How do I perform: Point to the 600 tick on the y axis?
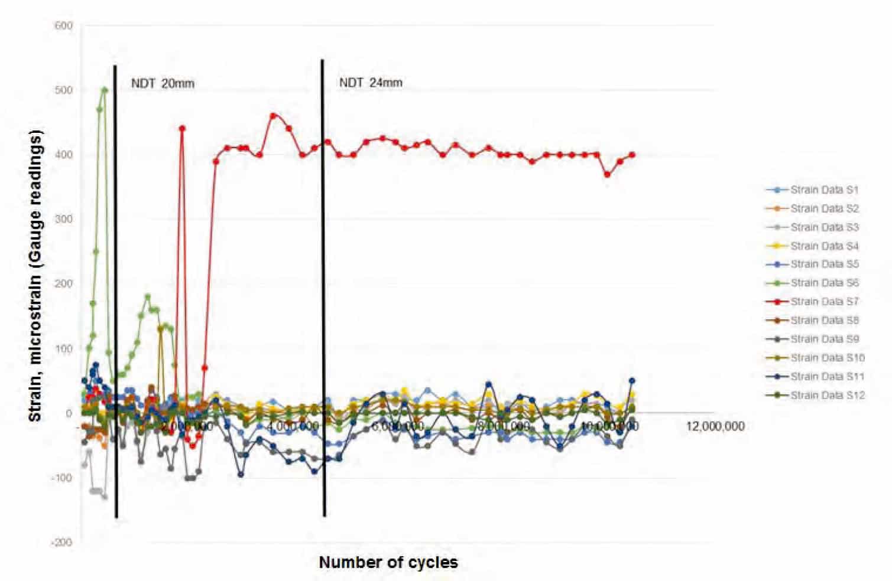click(x=64, y=25)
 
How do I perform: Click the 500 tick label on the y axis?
click(x=64, y=90)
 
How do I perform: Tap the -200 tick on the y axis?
click(x=63, y=542)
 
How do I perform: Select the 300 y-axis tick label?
click(x=64, y=219)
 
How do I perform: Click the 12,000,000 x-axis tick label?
click(x=715, y=426)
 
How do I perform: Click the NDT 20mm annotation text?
click(x=163, y=83)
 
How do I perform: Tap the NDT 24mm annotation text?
click(x=371, y=83)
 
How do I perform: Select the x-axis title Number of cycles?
click(x=388, y=562)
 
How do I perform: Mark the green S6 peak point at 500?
click(x=105, y=90)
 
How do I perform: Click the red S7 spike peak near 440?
click(x=182, y=128)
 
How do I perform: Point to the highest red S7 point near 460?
click(x=273, y=116)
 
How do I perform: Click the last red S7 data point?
click(x=632, y=155)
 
